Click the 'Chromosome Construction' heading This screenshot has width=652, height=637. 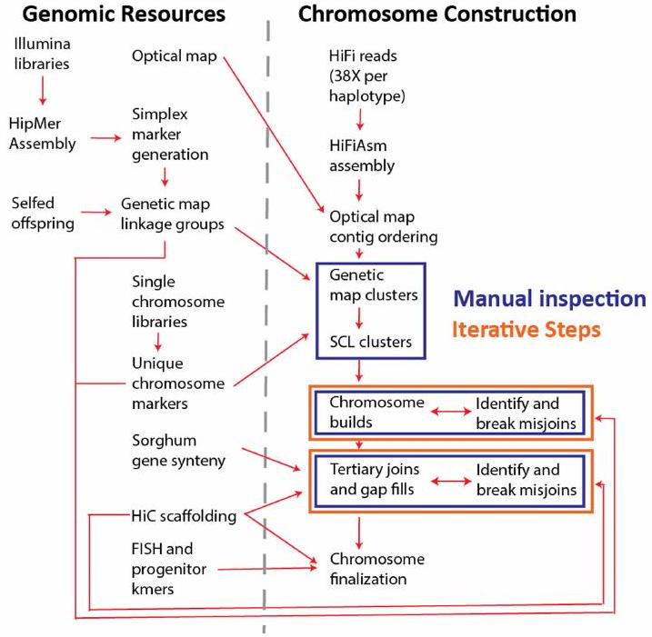click(437, 15)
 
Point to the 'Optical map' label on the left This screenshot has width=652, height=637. click(173, 56)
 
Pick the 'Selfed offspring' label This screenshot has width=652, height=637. click(42, 208)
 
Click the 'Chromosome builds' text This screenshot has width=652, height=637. click(366, 411)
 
